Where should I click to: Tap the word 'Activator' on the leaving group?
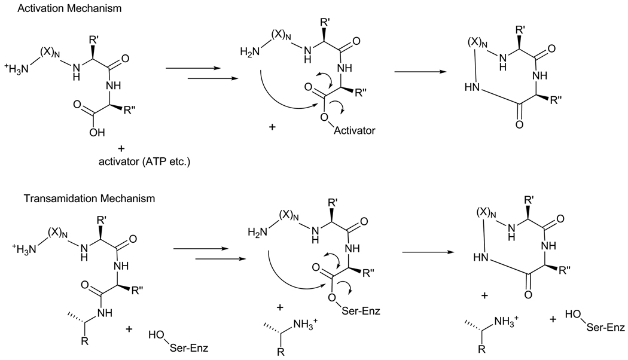pyautogui.click(x=355, y=130)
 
